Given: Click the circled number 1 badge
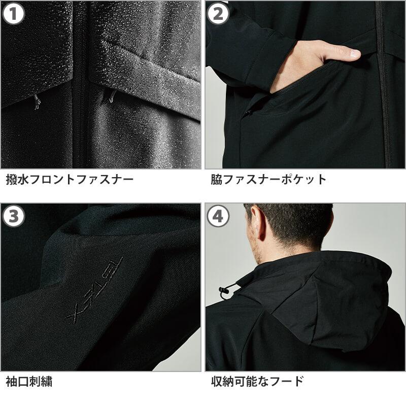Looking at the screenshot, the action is tap(14, 14).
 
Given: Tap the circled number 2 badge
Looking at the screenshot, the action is tap(218, 14).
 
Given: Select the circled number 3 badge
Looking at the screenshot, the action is tap(14, 216).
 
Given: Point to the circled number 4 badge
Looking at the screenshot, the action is tap(218, 216).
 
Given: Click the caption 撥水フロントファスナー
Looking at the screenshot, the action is tap(70, 180).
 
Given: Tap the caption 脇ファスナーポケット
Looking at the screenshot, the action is tap(268, 180).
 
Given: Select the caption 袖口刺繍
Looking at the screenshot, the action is tap(29, 382).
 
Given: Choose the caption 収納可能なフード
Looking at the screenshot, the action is tap(257, 382).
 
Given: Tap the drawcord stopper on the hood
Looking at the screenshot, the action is tap(224, 291).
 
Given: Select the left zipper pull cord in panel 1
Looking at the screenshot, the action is tap(37, 101).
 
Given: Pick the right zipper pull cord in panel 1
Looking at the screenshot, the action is tap(110, 96).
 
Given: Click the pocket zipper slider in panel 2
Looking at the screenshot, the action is tap(248, 111).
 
